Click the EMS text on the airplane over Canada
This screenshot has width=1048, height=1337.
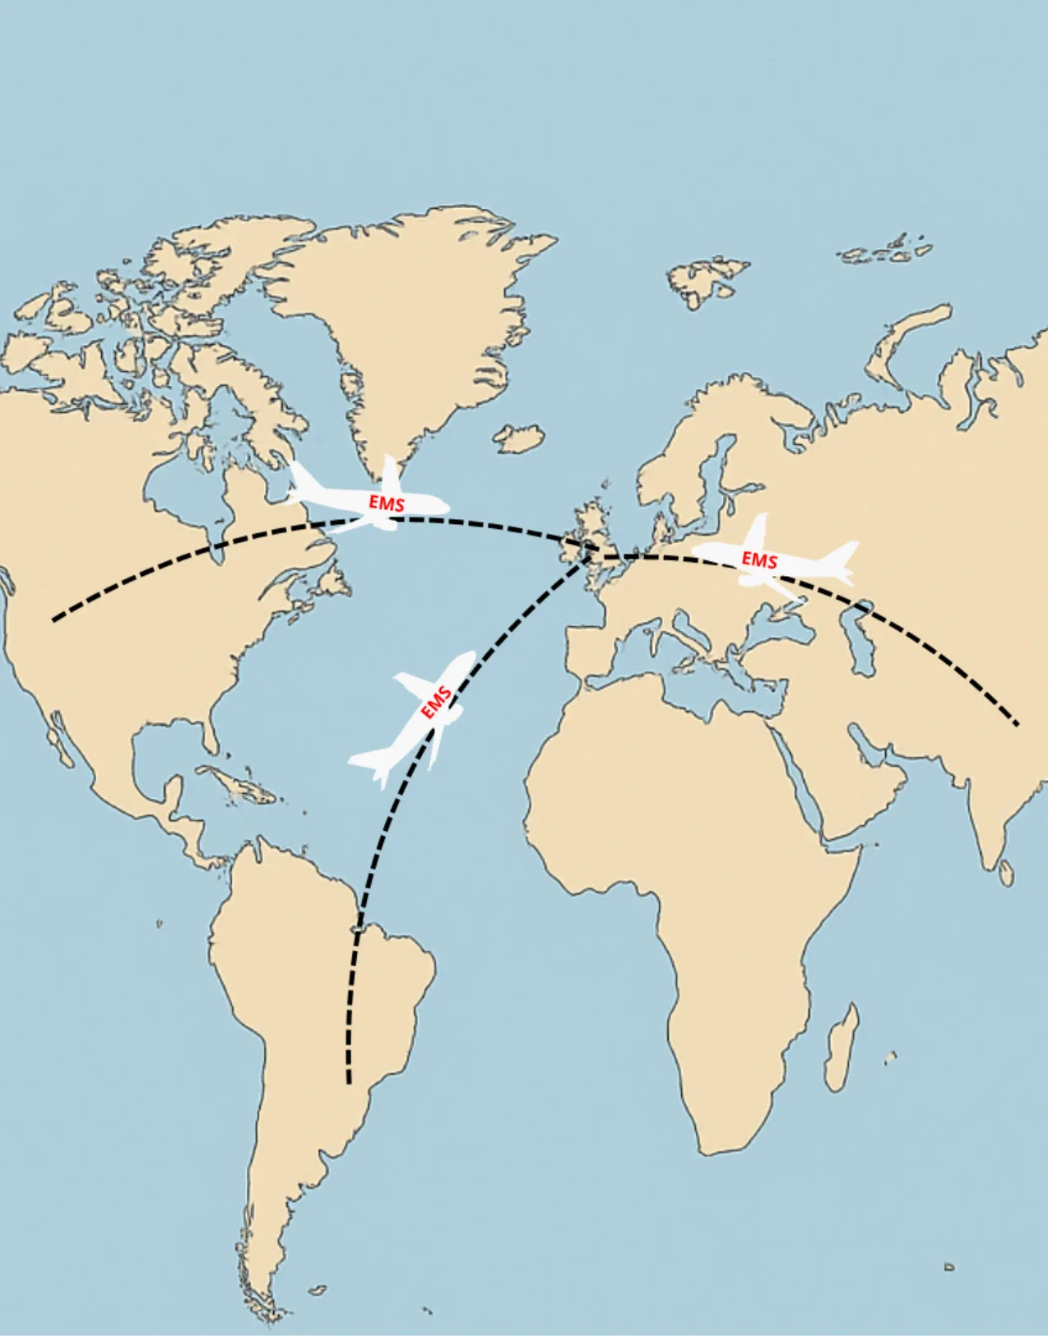tap(387, 502)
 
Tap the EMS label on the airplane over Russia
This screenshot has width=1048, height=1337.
tap(759, 560)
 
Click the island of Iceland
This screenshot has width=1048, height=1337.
tap(520, 438)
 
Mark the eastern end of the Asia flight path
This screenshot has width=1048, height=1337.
tap(1017, 724)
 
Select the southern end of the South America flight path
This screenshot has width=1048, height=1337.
tap(349, 1081)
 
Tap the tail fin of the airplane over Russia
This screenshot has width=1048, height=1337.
tap(843, 555)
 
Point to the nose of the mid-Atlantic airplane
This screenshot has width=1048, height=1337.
tap(469, 656)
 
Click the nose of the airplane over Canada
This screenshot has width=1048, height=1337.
tap(444, 505)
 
